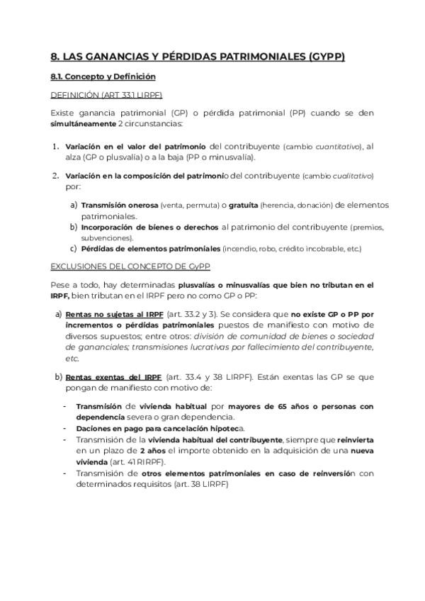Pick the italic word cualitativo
click(348, 176)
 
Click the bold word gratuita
click(243, 205)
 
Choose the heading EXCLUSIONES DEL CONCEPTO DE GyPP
click(130, 266)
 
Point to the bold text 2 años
click(153, 451)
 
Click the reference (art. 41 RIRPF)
click(137, 461)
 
